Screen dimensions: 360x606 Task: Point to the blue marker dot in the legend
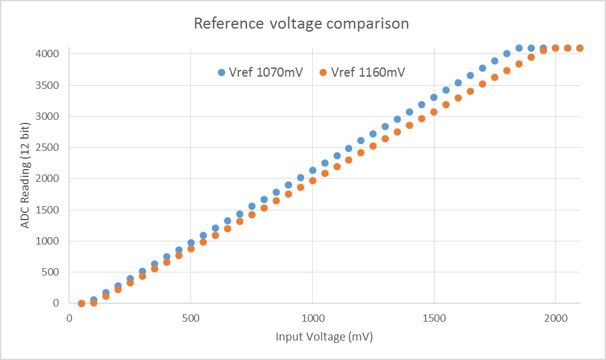coord(221,72)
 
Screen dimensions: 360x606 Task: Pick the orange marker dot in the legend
coord(323,72)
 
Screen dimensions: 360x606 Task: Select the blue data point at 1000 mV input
coord(313,170)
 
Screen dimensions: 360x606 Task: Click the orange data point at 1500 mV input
coord(434,112)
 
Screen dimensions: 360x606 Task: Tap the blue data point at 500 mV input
coord(191,243)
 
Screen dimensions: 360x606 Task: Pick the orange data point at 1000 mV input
coord(313,181)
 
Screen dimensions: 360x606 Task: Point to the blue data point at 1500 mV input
coord(434,97)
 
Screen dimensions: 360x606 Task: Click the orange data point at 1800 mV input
coord(507,71)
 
